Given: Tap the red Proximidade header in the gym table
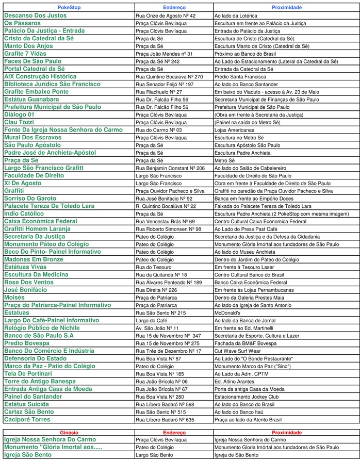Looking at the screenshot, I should (286, 432).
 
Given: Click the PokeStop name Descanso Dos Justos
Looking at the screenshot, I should (35, 16).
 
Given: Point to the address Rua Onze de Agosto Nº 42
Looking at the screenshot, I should (165, 16).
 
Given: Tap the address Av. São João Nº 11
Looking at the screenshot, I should (157, 328).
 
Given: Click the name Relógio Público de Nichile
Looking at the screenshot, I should (42, 328).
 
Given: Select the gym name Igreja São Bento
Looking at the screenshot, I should (28, 455).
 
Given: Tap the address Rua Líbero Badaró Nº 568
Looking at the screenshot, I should (165, 404).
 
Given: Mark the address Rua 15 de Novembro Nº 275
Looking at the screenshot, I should (168, 343).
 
